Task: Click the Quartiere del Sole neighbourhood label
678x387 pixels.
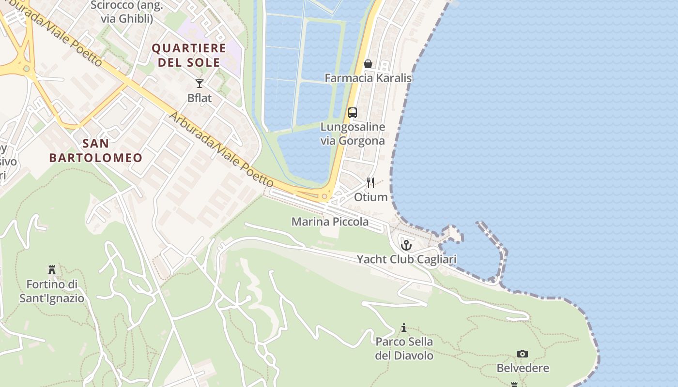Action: [x=189, y=55]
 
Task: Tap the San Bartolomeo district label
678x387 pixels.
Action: [x=96, y=150]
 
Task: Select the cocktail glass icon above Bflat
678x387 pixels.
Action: [x=200, y=84]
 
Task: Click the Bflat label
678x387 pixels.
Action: [x=200, y=98]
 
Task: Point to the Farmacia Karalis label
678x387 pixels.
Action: [x=368, y=78]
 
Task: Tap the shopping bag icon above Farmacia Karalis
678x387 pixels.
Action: [x=368, y=64]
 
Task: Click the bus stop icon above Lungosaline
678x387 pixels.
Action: [x=353, y=113]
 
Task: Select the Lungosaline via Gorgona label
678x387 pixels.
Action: [x=353, y=134]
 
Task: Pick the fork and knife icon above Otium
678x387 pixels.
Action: [x=370, y=182]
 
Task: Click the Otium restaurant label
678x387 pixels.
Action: [x=370, y=197]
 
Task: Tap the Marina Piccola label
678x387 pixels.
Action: [x=330, y=222]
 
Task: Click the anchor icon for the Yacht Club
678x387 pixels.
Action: [x=406, y=245]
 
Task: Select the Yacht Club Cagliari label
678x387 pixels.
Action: [x=407, y=259]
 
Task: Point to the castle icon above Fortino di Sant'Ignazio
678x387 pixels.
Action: [x=52, y=270]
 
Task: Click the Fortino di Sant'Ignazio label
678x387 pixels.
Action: [x=52, y=291]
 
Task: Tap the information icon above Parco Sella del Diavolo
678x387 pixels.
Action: [x=404, y=328]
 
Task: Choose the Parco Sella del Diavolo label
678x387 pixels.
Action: [x=404, y=348]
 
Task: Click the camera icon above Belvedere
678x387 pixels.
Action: [x=522, y=354]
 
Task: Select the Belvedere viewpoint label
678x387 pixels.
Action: [x=523, y=368]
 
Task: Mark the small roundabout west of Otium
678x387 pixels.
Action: [x=324, y=196]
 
